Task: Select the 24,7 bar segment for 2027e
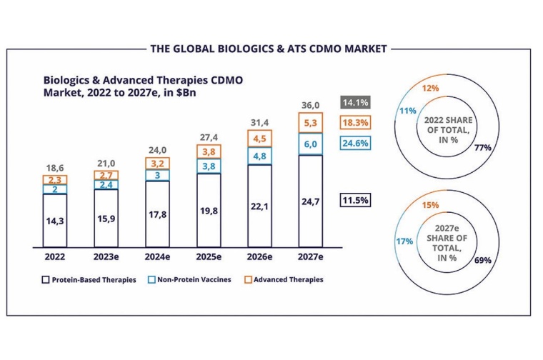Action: [311, 201]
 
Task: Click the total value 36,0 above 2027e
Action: [311, 104]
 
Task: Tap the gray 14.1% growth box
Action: [355, 101]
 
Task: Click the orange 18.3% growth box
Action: [355, 122]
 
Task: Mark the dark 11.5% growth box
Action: [355, 201]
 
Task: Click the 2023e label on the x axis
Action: [105, 255]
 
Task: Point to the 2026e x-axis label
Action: [259, 255]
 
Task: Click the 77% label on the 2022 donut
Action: [482, 148]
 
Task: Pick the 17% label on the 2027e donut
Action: [404, 241]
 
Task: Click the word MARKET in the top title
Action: [363, 49]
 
